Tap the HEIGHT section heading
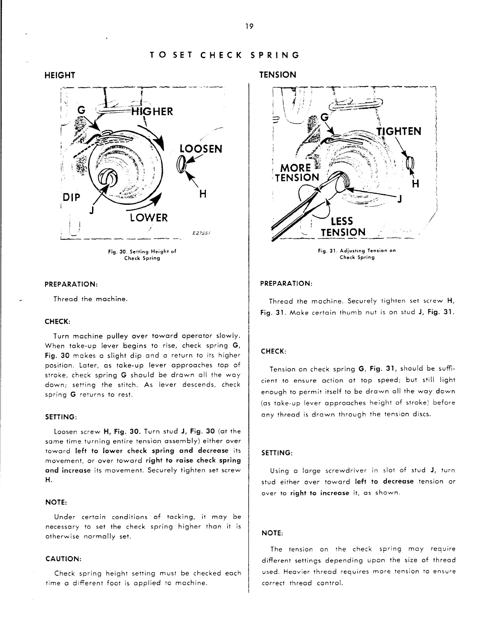60,75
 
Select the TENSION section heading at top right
278,75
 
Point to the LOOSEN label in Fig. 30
200,149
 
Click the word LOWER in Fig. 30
148,218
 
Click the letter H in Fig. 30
202,194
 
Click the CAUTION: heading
63,559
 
